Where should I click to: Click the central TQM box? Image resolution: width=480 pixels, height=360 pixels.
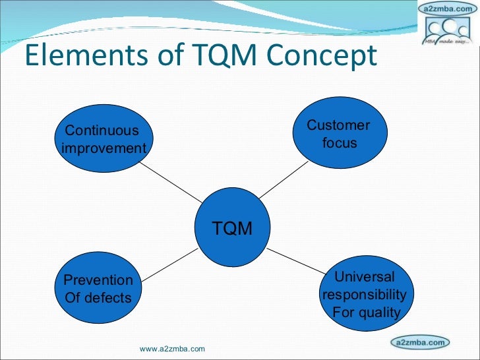pos(232,228)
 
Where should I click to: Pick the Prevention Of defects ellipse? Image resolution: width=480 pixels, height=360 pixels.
pos(98,288)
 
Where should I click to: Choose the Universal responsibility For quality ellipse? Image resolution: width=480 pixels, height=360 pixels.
pos(365,293)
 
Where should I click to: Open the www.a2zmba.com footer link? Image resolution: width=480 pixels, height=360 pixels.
pos(173,348)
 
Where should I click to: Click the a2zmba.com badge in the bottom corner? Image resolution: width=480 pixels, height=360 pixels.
pos(420,342)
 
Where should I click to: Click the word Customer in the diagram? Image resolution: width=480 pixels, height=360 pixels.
pos(339,125)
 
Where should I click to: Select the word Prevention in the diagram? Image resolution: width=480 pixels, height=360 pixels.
pos(98,280)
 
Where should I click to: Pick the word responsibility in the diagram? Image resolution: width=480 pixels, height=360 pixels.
pos(365,294)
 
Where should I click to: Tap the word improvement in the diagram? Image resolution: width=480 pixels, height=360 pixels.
pos(104,148)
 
